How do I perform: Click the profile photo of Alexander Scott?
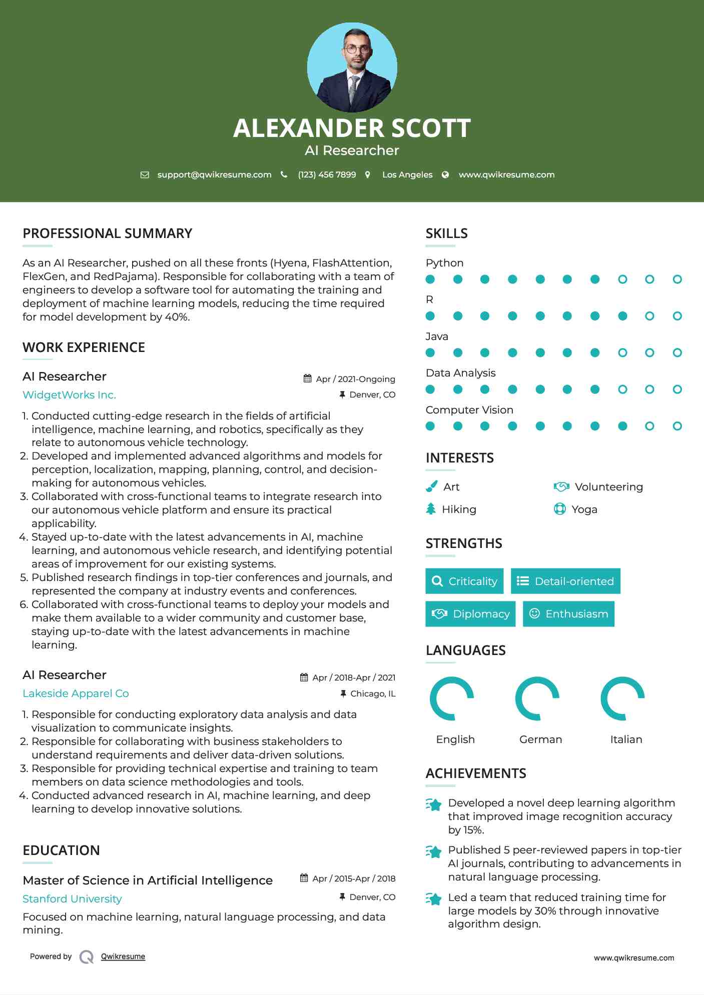click(352, 67)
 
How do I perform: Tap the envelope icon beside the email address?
click(145, 175)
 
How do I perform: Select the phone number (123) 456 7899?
click(327, 175)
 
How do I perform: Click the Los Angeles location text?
click(407, 175)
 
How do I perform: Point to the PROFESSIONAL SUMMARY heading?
click(108, 233)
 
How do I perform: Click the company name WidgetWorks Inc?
click(70, 395)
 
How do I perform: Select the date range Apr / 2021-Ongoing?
click(355, 379)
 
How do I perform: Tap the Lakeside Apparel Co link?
click(76, 693)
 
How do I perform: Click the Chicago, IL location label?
click(372, 693)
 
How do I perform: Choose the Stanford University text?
click(72, 899)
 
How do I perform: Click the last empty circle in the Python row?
click(677, 279)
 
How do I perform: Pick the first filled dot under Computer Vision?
click(430, 426)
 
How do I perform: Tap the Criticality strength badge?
click(464, 581)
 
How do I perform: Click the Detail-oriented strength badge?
click(565, 581)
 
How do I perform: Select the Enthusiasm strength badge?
click(568, 614)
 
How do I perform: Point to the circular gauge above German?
click(537, 698)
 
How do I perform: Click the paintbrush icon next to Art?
click(431, 486)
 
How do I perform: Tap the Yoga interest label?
click(584, 509)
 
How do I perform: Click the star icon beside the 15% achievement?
click(434, 804)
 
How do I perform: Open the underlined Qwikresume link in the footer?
click(123, 956)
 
